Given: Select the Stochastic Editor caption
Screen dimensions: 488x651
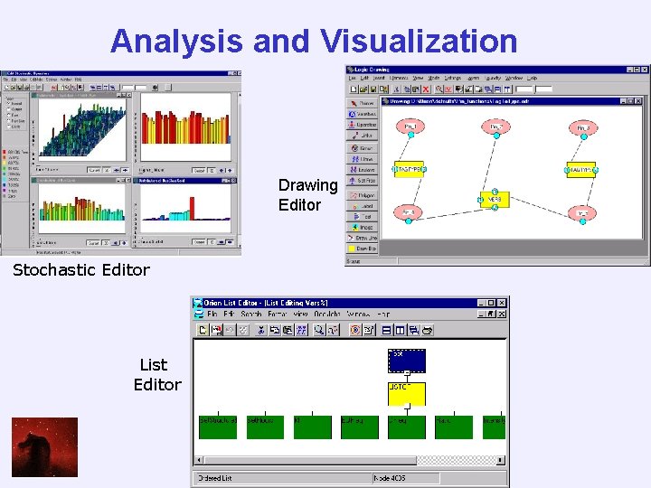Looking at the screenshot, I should point(81,269).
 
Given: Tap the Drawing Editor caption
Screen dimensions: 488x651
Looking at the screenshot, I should point(307,195).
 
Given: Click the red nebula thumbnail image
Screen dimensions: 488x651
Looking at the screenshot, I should point(44,446).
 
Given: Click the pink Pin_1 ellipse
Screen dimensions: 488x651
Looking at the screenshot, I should point(410,127).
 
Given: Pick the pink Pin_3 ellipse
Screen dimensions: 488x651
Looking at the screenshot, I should point(583,127).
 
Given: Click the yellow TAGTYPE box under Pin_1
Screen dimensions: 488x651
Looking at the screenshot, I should point(410,170).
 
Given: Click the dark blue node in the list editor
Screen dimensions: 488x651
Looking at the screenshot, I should point(406,361).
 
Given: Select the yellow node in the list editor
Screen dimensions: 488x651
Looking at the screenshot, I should point(406,393).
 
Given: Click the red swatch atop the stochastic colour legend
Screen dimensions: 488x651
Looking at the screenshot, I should point(7,151).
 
